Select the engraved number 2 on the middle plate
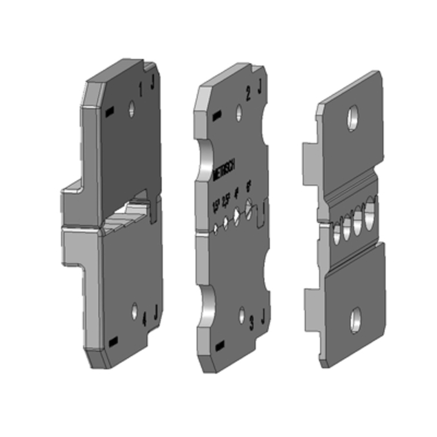click(248, 94)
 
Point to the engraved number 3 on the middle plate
click(251, 324)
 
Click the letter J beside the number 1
click(153, 83)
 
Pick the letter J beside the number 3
click(263, 316)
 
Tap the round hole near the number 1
click(131, 109)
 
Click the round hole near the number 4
click(135, 310)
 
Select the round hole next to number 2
click(239, 113)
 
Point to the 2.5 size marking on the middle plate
click(226, 201)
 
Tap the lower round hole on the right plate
click(355, 320)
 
